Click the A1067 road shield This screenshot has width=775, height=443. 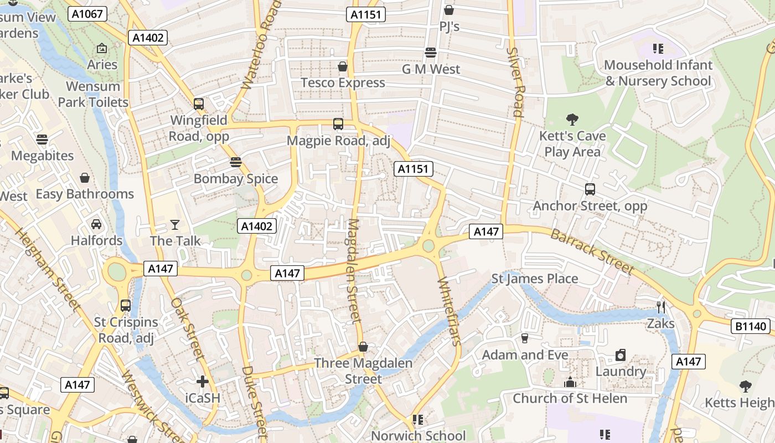(x=88, y=14)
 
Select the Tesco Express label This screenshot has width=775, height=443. (x=343, y=83)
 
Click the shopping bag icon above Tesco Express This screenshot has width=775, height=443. (x=343, y=66)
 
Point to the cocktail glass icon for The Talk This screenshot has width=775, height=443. (x=175, y=224)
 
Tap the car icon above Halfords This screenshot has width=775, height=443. (x=96, y=224)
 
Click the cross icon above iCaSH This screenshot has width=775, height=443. (x=203, y=382)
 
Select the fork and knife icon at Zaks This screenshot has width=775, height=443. (x=660, y=307)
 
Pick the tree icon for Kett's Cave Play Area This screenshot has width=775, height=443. (x=572, y=119)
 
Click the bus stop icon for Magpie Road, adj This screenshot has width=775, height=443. (x=338, y=124)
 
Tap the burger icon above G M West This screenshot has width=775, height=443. (x=431, y=53)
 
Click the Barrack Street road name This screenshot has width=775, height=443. (x=592, y=251)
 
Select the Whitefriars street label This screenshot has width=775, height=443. (x=449, y=312)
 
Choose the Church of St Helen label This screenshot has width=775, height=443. (x=570, y=398)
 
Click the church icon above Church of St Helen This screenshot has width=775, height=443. (x=570, y=382)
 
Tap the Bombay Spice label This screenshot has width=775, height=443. (x=236, y=179)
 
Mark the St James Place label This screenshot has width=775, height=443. (x=535, y=279)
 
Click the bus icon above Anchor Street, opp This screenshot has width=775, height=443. (x=590, y=189)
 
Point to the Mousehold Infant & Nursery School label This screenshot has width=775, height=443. (x=658, y=73)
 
